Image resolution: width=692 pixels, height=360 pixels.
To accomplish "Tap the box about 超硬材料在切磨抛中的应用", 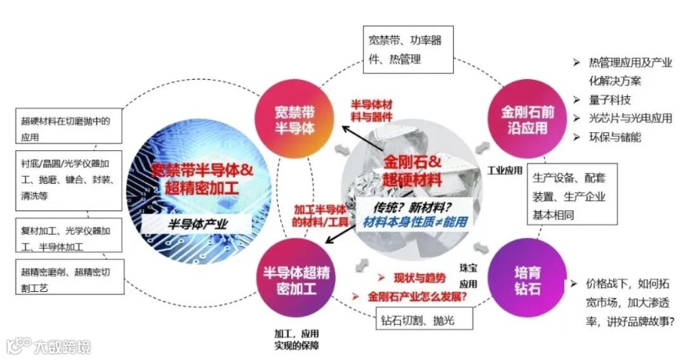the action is click(x=67, y=128).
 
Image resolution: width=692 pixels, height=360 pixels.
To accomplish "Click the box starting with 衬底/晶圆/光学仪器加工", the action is click(x=69, y=180).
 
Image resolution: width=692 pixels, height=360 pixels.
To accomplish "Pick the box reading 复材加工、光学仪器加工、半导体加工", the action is click(x=69, y=239).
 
